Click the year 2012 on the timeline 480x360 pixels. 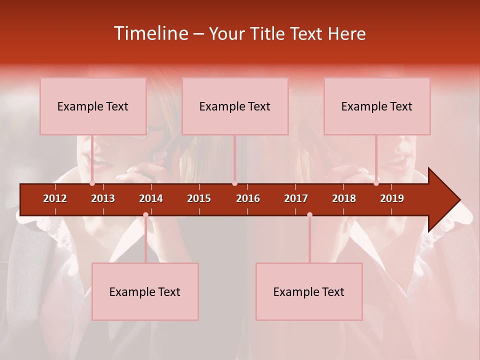pyautogui.click(x=55, y=198)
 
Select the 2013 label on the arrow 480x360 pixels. pyautogui.click(x=103, y=198)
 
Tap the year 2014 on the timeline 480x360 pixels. pyautogui.click(x=151, y=198)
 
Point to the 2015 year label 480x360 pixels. pyautogui.click(x=199, y=198)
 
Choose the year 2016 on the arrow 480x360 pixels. pyautogui.click(x=248, y=198)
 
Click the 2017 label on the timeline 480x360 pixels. pyautogui.click(x=296, y=198)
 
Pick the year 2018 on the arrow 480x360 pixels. pyautogui.click(x=344, y=198)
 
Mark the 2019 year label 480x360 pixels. pyautogui.click(x=392, y=198)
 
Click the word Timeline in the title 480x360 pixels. pyautogui.click(x=150, y=33)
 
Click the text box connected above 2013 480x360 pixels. pyautogui.click(x=93, y=106)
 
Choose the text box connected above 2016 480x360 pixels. pyautogui.click(x=235, y=106)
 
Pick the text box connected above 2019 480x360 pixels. pyautogui.click(x=377, y=106)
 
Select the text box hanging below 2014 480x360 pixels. pyautogui.click(x=145, y=291)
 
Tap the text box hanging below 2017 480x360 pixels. pyautogui.click(x=309, y=291)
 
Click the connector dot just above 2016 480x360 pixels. pyautogui.click(x=234, y=183)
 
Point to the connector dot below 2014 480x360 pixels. pyautogui.click(x=145, y=214)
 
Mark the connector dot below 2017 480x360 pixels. pyautogui.click(x=309, y=214)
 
